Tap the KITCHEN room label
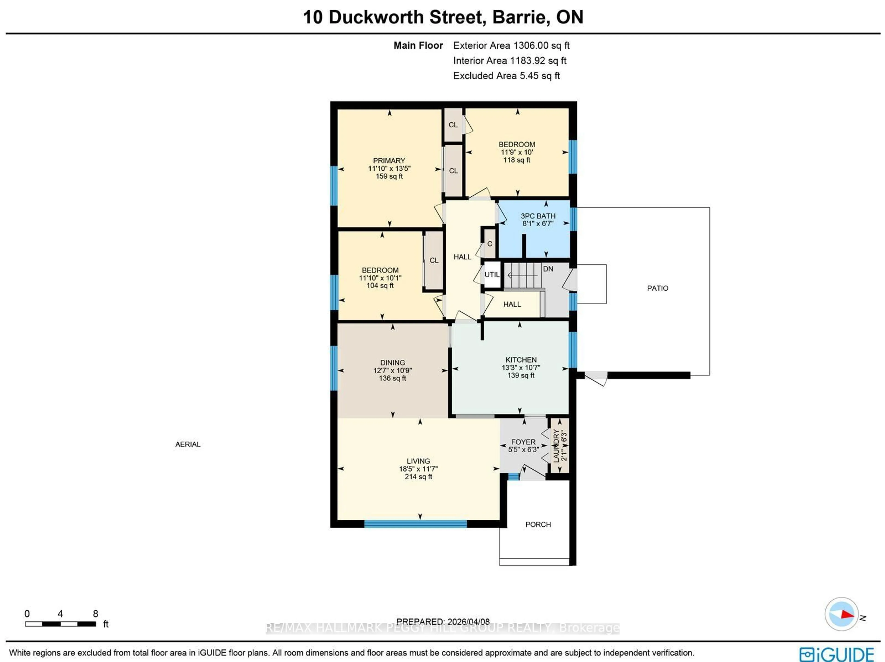click(521, 360)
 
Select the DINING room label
click(392, 363)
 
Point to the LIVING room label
click(418, 461)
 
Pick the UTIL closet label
click(492, 275)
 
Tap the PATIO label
click(657, 288)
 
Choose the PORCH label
click(538, 525)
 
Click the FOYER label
click(523, 442)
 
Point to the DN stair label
click(548, 269)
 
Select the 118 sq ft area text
click(516, 160)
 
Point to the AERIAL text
click(188, 444)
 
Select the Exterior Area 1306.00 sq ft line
click(511, 46)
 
